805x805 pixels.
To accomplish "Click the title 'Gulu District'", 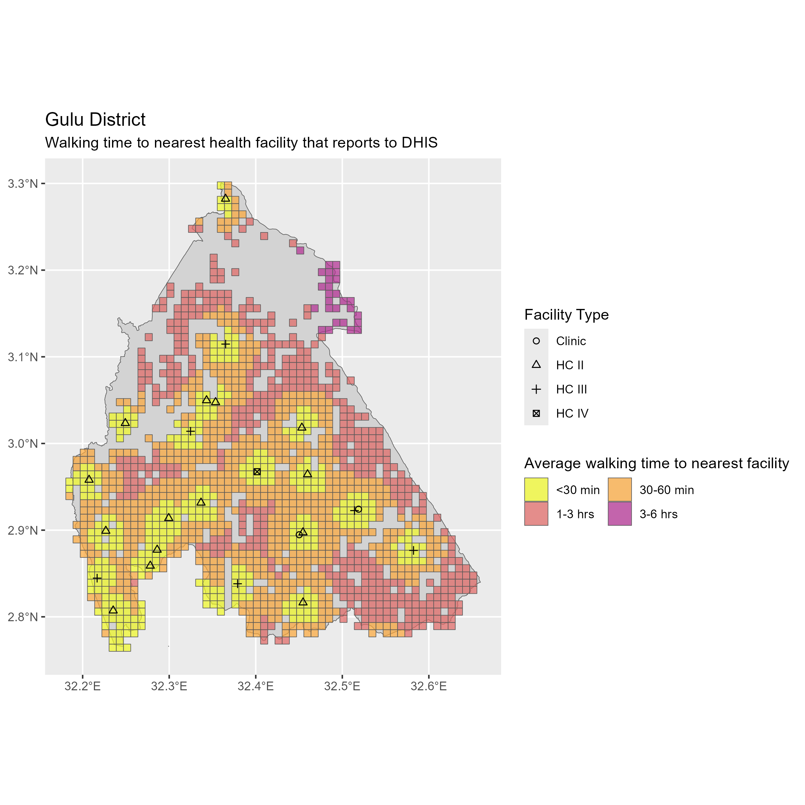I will pos(95,120).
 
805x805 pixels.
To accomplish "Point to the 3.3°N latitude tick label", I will pos(23,183).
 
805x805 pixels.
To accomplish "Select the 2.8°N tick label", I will pos(23,617).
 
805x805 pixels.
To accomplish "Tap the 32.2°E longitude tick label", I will pos(83,686).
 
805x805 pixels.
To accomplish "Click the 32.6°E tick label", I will pos(429,686).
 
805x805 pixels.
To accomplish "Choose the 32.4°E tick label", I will pos(255,686).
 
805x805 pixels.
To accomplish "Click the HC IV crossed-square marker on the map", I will pos(257,472).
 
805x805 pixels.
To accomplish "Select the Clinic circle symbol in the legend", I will pos(536,341).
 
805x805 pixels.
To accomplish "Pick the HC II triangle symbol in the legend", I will pos(536,365).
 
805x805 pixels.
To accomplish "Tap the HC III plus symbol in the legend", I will pos(536,389).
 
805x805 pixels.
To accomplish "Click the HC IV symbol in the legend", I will pos(536,413).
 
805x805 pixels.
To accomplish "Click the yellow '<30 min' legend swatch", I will pos(536,490).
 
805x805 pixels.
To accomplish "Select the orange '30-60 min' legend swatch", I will pos(620,490).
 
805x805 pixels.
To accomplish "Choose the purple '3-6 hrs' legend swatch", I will pos(620,514).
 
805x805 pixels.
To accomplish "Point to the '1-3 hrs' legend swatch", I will pos(536,514).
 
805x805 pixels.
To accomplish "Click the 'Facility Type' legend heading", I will pos(566,315).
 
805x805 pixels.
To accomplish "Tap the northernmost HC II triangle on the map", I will pos(225,198).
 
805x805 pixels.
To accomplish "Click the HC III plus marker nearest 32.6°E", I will pos(413,550).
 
